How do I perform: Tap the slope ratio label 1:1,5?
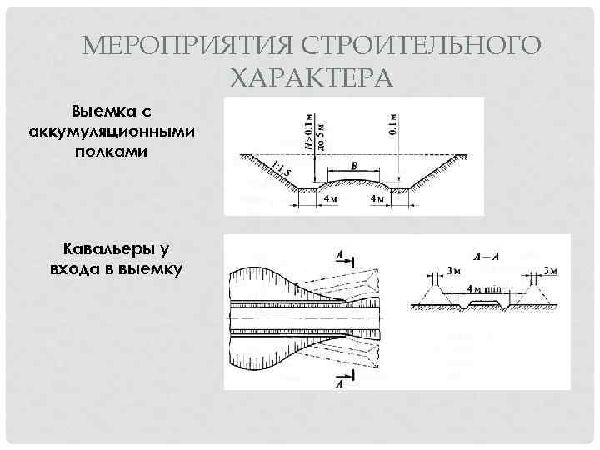(x=282, y=170)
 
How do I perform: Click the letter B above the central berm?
(x=353, y=167)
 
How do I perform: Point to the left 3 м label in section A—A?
(x=453, y=271)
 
